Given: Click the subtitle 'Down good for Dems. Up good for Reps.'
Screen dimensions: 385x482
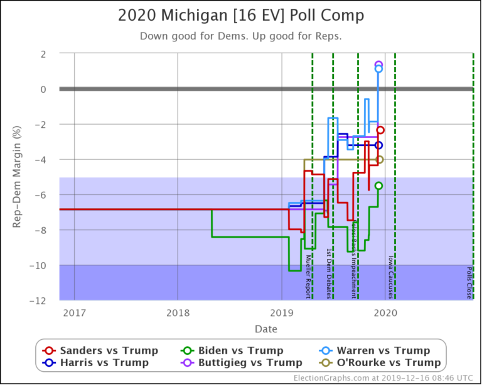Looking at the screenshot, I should tap(240, 36).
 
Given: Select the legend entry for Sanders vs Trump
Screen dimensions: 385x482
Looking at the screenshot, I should tap(100, 351).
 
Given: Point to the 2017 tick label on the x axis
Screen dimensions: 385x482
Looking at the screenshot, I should tap(74, 312).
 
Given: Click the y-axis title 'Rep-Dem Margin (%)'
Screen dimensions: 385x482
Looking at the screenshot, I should tap(18, 177).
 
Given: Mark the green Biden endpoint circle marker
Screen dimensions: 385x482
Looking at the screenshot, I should tap(378, 186).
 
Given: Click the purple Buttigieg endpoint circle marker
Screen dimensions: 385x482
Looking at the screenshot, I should tap(378, 65).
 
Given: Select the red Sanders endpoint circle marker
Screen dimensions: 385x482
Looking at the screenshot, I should tap(380, 130).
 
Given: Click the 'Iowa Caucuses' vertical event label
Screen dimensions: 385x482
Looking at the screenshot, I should tap(390, 277).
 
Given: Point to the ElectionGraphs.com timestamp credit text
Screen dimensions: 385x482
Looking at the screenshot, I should tap(383, 378).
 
